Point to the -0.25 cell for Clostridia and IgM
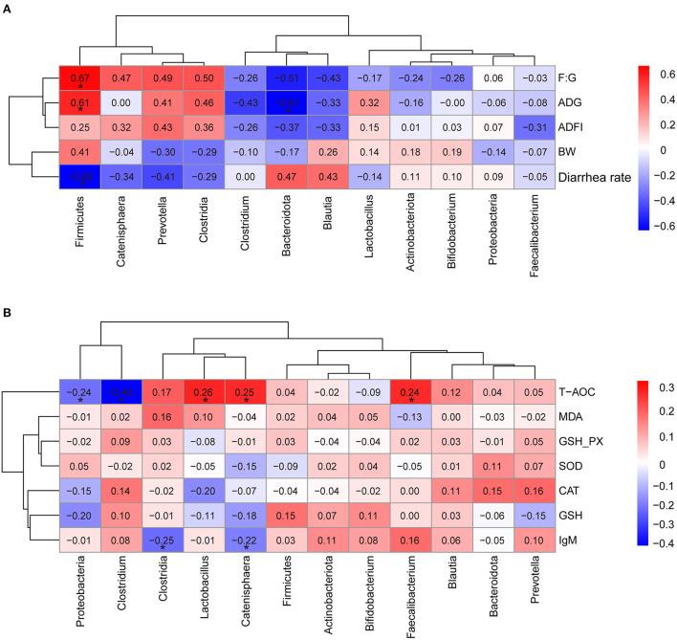pos(164,541)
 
